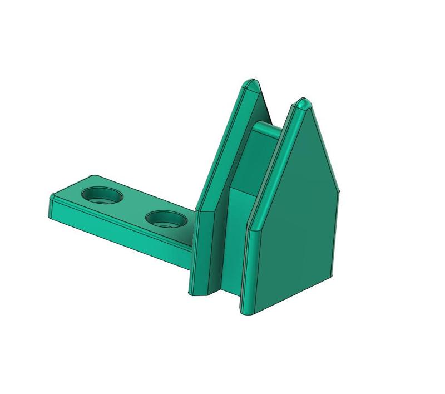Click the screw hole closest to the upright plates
coord(166,219)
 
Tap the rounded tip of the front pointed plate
coord(303,104)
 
